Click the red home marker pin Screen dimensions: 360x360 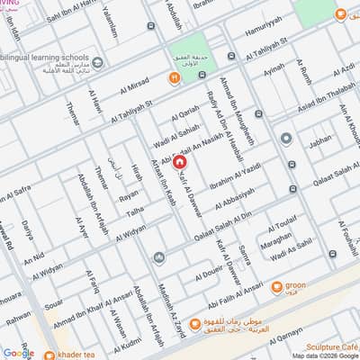click(x=179, y=162)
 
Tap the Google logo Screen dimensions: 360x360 click(x=18, y=352)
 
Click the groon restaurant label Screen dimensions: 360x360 click(x=319, y=287)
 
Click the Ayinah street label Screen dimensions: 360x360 click(x=269, y=68)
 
